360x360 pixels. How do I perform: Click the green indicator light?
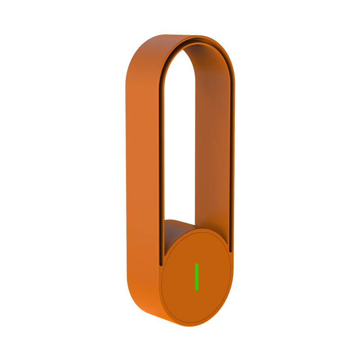click(197, 277)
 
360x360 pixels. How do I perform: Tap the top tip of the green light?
click(197, 265)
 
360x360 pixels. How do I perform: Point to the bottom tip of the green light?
click(197, 289)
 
